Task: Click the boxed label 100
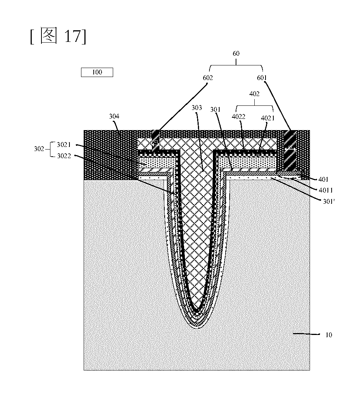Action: point(97,72)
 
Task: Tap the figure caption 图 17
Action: point(59,36)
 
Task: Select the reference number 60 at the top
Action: point(236,53)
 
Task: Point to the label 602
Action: point(208,78)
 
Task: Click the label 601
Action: point(262,78)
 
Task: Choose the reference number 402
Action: point(254,94)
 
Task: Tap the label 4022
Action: point(239,117)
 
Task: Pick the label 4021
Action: point(267,118)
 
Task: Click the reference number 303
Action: point(197,108)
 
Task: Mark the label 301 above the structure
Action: point(215,110)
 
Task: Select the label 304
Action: point(114,116)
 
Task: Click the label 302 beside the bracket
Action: point(39,149)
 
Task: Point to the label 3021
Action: point(64,145)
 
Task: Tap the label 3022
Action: point(64,156)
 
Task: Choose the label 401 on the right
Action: point(323,179)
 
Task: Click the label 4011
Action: point(326,190)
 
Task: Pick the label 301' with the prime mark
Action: point(329,201)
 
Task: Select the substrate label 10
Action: point(329,335)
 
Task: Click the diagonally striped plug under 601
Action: point(290,151)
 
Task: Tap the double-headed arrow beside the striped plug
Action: point(290,149)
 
